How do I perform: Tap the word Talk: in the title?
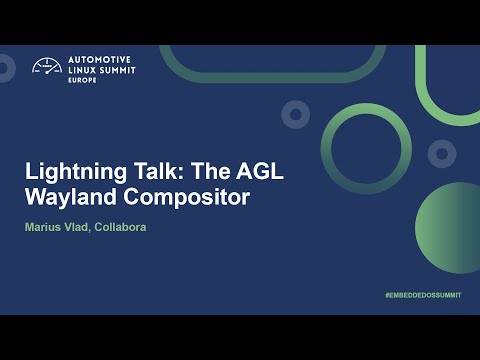[x=152, y=171]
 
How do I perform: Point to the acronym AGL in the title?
[x=262, y=171]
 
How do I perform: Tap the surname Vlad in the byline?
[x=84, y=228]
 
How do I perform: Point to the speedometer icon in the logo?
[x=47, y=67]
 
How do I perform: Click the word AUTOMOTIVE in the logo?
[x=100, y=59]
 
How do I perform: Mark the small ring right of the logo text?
[x=294, y=114]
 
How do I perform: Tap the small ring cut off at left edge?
[x=5, y=67]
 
